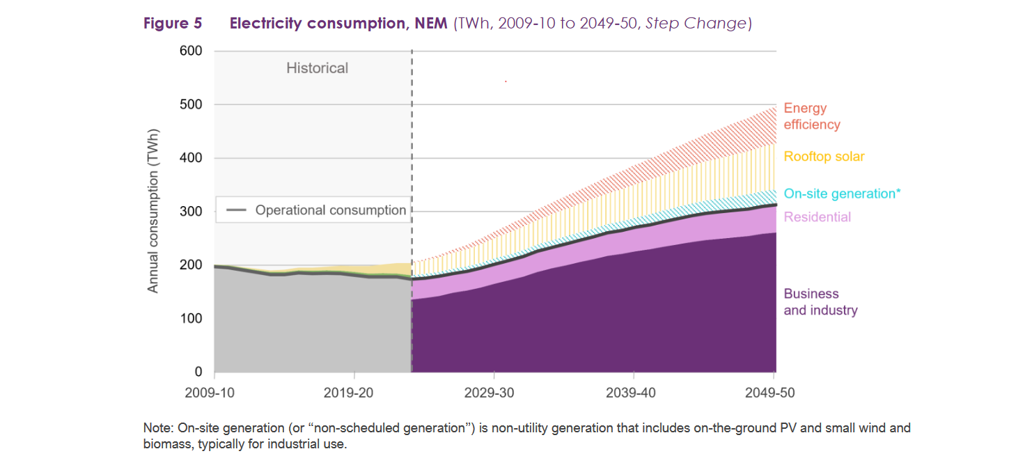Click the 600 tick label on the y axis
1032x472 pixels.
(x=192, y=51)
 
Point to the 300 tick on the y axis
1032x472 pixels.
(x=192, y=212)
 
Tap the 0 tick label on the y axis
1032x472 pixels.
(x=198, y=372)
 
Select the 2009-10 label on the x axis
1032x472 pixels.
(x=210, y=393)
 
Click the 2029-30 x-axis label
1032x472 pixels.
(x=489, y=393)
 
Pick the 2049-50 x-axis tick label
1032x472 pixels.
(x=769, y=393)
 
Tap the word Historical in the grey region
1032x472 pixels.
(x=317, y=68)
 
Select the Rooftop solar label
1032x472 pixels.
(x=824, y=157)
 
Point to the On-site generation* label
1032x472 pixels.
(x=842, y=194)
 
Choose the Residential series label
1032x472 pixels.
(x=818, y=217)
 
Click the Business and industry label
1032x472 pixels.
(x=820, y=302)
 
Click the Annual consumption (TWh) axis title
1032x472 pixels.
(x=153, y=210)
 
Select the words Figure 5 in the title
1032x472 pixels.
(x=173, y=23)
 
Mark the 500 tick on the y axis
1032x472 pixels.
(x=192, y=104)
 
